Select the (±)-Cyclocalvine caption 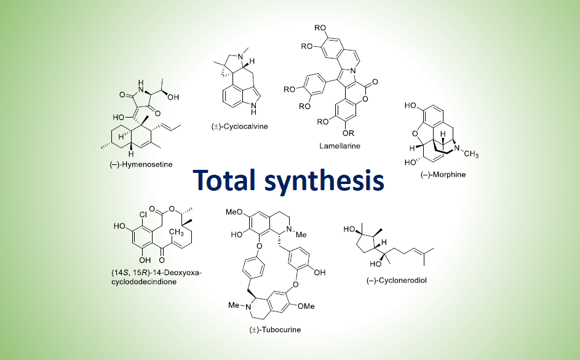(x=235, y=126)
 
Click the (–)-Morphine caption (x=443, y=175)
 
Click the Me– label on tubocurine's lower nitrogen (x=234, y=304)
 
